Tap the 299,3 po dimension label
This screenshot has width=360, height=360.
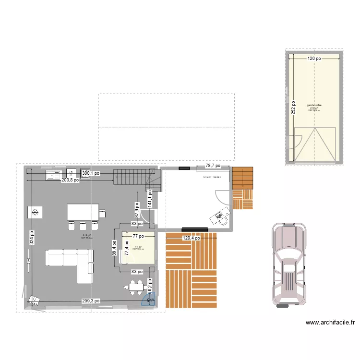tap(91, 301)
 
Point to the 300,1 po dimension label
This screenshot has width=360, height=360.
tap(91, 173)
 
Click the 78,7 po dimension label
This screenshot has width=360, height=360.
tap(213, 166)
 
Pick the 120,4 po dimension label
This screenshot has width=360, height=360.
tap(193, 237)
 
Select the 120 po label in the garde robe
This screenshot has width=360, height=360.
tap(314, 59)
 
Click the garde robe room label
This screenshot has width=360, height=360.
tap(314, 105)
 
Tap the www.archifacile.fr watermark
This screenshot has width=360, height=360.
tap(330, 323)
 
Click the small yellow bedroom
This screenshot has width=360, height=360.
tap(138, 248)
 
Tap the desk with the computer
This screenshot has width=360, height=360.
tap(220, 216)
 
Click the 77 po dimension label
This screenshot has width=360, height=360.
tap(139, 236)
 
